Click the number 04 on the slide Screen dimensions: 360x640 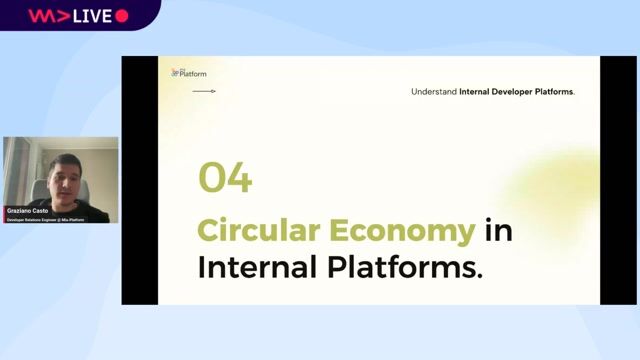pyautogui.click(x=225, y=178)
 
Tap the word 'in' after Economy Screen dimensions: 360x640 pyautogui.click(x=498, y=231)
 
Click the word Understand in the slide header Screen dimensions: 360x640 pyautogui.click(x=434, y=92)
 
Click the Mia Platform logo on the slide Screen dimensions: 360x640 pyautogui.click(x=189, y=73)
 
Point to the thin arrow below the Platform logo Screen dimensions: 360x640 pyautogui.click(x=204, y=92)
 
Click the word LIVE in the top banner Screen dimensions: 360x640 pyautogui.click(x=93, y=16)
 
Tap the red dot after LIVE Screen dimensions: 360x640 pyautogui.click(x=122, y=16)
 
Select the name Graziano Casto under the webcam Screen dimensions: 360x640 pyautogui.click(x=27, y=211)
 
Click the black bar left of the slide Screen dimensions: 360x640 pyautogui.click(x=141, y=180)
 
